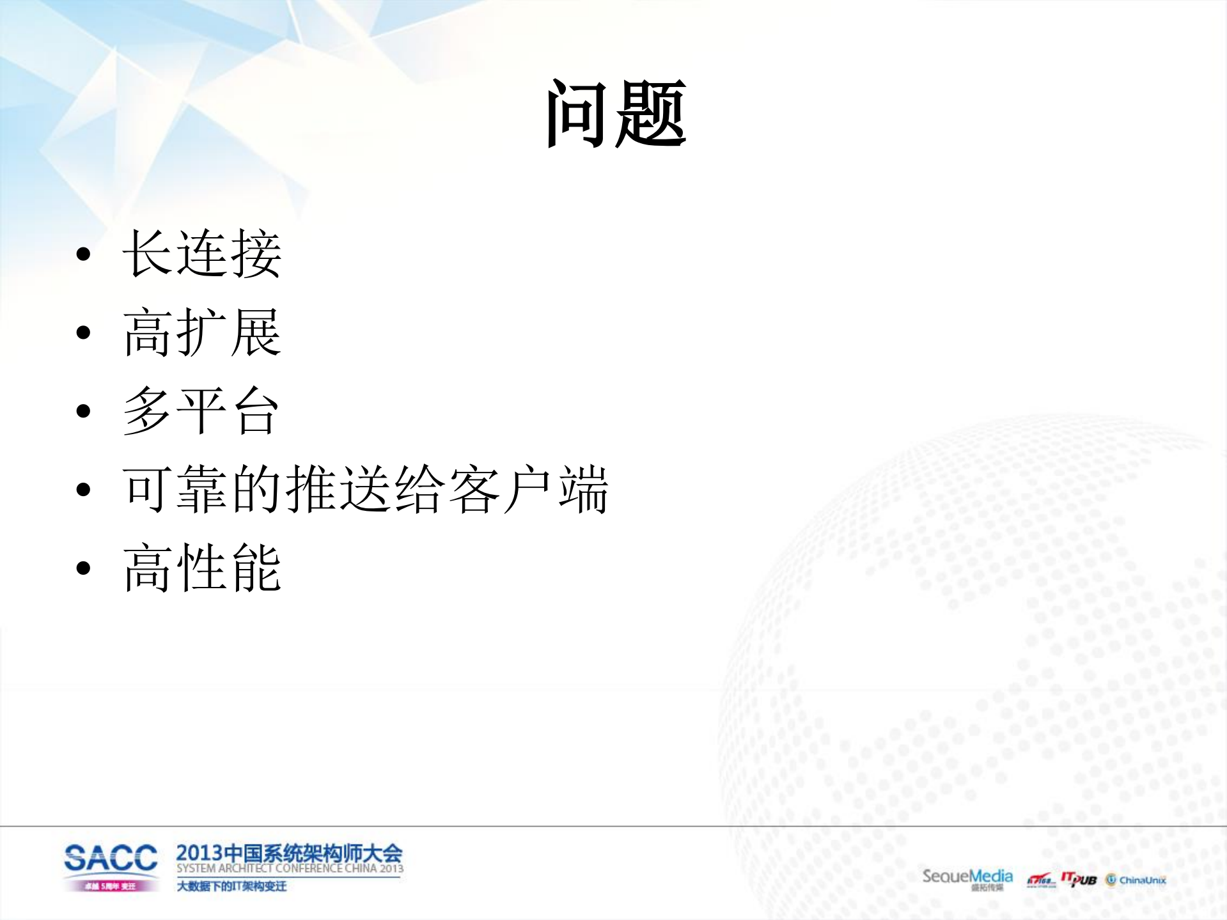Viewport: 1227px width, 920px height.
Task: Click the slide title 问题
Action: [x=616, y=114]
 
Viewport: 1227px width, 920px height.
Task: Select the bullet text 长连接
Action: [x=202, y=254]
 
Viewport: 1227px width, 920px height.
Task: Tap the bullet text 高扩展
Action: [x=202, y=332]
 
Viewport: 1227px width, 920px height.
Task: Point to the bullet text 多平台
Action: [x=201, y=410]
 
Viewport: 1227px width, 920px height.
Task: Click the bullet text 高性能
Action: [x=202, y=568]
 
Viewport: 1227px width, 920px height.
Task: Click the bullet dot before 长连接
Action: [x=83, y=254]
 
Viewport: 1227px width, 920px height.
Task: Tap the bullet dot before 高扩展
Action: [x=83, y=333]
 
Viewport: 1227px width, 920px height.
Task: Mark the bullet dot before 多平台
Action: [x=83, y=411]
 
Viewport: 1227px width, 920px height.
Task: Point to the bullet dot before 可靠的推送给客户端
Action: [x=83, y=490]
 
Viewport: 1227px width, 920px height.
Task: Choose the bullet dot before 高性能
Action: [x=83, y=568]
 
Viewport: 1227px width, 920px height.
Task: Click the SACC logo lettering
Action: [x=111, y=858]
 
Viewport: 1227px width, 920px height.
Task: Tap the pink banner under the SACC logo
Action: [x=111, y=886]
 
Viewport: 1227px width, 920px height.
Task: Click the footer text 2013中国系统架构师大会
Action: [x=289, y=853]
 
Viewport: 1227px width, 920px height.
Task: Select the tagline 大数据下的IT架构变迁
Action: [x=231, y=886]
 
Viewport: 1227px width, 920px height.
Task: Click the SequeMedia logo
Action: [x=967, y=877]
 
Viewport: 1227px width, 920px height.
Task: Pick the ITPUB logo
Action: [x=1079, y=879]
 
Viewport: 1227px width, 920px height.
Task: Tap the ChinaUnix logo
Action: [x=1136, y=880]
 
